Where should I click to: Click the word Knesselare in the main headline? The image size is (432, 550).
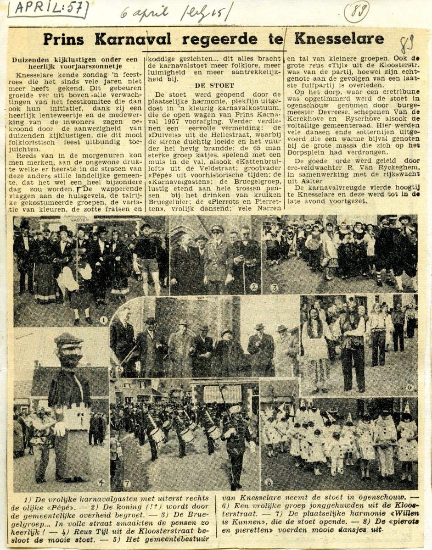[x=339, y=39]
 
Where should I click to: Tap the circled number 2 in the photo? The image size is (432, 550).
[x=253, y=288]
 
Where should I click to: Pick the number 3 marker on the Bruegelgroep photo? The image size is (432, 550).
[x=275, y=289]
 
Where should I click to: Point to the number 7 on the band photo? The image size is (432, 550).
[x=127, y=482]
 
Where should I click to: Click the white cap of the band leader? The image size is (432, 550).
[x=235, y=410]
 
